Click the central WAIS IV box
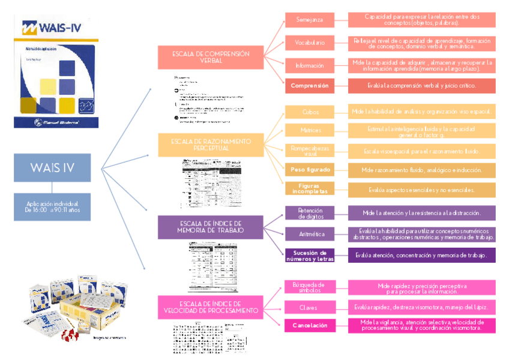(52, 168)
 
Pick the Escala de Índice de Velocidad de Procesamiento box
(211, 308)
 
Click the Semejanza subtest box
(310, 20)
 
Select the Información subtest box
(310, 65)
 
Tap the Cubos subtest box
(310, 112)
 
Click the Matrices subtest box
(310, 130)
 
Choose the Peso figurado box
(310, 170)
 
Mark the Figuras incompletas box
(310, 189)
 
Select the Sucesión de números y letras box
(310, 255)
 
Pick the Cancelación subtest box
(310, 325)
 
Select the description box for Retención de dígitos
(421, 213)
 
